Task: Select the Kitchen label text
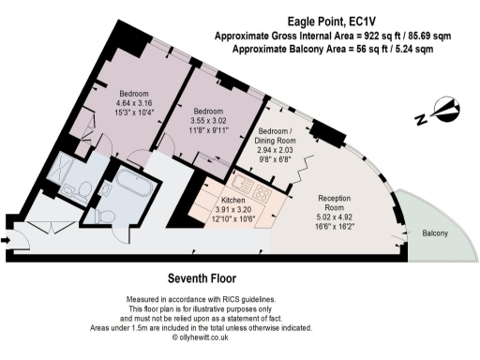[x=233, y=201]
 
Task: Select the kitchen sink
[x=243, y=178]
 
